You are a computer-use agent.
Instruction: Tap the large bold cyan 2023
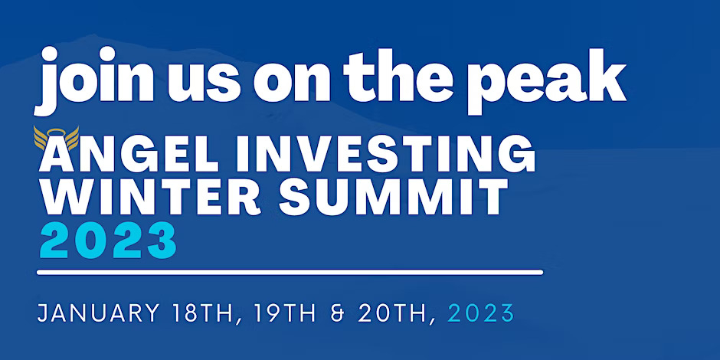click(x=108, y=240)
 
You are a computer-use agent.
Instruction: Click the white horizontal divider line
click(x=290, y=273)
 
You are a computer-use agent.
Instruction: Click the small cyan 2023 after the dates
click(x=481, y=313)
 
